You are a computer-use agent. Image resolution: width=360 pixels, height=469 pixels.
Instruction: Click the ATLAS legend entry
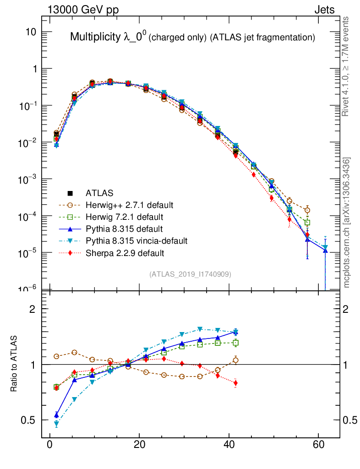tap(98, 193)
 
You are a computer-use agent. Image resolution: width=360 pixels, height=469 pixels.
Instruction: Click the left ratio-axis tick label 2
tap(33, 309)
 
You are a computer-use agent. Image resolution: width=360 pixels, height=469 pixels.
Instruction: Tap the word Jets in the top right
tap(324, 10)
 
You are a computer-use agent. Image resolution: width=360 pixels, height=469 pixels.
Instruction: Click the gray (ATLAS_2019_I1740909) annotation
tap(190, 274)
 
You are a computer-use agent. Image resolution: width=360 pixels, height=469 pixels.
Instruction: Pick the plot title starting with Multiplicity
tap(192, 38)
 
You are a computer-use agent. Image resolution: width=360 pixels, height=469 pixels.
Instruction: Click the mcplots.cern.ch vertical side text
tap(347, 222)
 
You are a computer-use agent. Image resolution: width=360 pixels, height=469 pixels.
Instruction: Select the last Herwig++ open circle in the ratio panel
tap(235, 360)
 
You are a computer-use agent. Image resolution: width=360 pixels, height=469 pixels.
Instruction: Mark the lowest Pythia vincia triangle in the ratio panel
tap(56, 424)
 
